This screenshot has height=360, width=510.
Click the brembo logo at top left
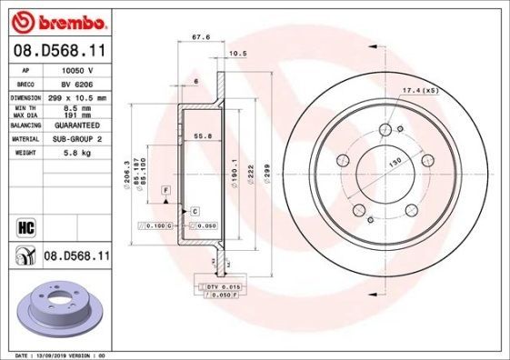[x=56, y=19]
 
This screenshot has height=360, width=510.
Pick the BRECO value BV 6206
[x=76, y=82]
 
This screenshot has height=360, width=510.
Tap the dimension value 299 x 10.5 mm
[x=78, y=96]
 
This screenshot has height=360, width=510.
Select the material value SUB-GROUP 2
[x=78, y=138]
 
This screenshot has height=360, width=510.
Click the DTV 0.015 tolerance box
[x=221, y=286]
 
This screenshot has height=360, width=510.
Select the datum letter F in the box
[x=166, y=188]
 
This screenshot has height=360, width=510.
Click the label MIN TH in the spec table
[x=25, y=108]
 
